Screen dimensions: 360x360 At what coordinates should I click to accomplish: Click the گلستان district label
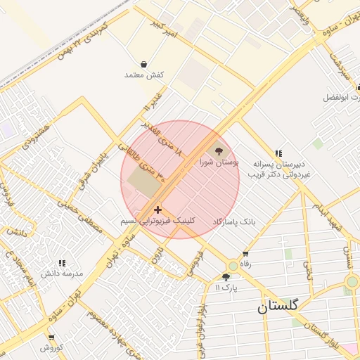(277, 307)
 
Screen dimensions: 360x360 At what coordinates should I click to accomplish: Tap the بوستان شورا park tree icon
(218, 150)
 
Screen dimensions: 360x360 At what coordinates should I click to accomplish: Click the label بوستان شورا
(218, 162)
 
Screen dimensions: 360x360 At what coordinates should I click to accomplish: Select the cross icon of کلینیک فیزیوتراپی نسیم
(157, 209)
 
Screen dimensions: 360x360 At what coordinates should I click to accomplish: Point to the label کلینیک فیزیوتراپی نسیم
(157, 220)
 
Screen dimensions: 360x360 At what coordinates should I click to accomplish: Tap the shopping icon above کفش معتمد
(143, 64)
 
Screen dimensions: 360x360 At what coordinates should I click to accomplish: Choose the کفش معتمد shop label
(143, 75)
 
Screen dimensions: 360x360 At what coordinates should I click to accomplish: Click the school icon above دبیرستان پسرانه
(278, 153)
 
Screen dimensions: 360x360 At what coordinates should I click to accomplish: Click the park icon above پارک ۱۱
(225, 277)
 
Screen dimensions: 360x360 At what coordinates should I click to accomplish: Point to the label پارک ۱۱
(227, 288)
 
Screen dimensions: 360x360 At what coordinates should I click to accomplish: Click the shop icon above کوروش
(51, 337)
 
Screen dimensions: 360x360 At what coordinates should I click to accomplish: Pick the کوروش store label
(51, 347)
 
